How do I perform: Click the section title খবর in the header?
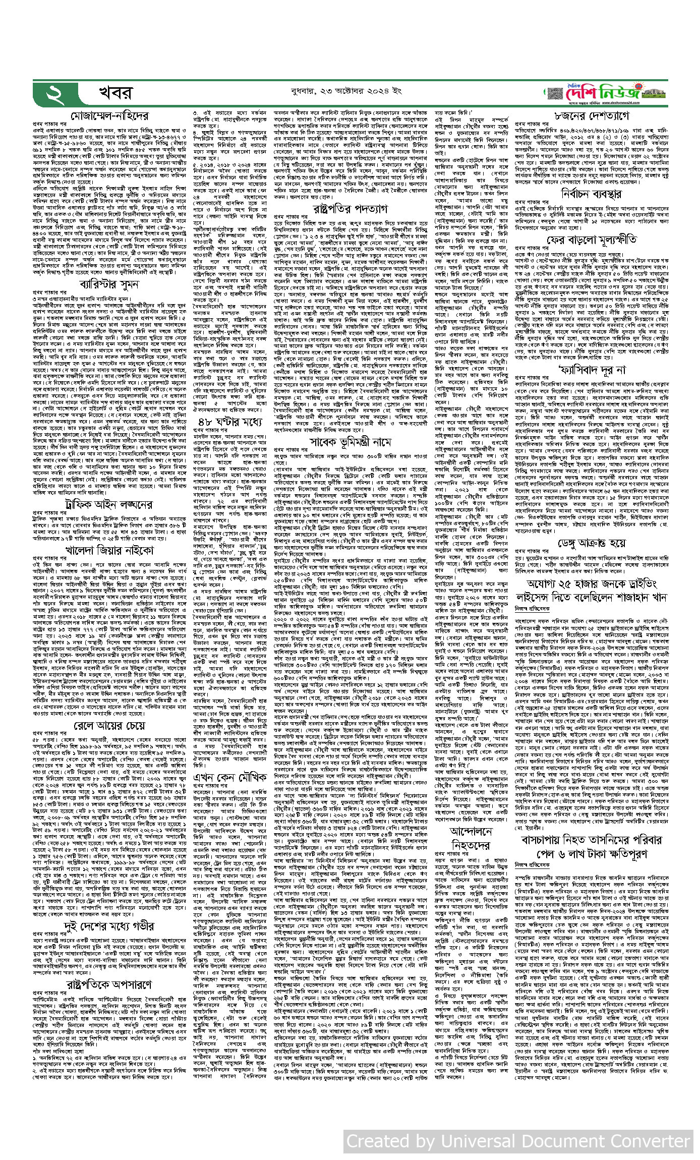coord(115,93)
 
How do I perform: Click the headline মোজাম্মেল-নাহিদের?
coord(109,115)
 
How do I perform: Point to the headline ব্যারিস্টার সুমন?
coord(109,284)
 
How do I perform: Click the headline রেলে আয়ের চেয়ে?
coord(109,725)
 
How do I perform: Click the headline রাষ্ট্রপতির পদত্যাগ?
coord(350,208)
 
